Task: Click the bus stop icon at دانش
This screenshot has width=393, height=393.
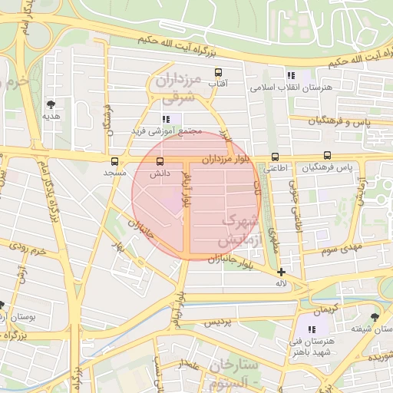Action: (160, 161)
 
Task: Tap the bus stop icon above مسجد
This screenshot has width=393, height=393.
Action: (115, 161)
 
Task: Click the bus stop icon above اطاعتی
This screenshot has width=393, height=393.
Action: (275, 156)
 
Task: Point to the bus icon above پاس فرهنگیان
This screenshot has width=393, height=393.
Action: (328, 156)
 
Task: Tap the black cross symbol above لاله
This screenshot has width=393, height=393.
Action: (282, 272)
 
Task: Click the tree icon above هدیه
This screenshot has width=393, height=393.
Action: (51, 104)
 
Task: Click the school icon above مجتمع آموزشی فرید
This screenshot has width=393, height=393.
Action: (166, 119)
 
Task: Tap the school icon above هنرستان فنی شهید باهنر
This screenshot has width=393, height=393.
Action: (312, 329)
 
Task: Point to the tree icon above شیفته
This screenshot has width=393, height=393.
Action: (375, 316)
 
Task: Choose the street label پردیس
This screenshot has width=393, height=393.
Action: (217, 323)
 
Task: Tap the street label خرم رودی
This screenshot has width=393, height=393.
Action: (29, 250)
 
